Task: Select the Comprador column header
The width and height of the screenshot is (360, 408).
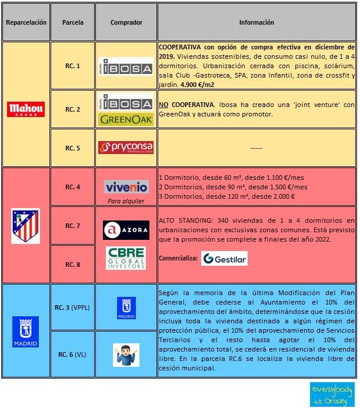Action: click(x=126, y=23)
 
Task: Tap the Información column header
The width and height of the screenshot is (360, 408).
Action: click(x=256, y=23)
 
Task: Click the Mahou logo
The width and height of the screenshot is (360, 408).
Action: click(x=25, y=109)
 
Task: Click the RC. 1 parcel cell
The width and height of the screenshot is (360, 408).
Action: click(x=73, y=66)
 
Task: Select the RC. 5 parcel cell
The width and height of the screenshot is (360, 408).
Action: click(x=73, y=147)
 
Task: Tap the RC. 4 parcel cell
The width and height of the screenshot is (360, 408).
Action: click(x=73, y=187)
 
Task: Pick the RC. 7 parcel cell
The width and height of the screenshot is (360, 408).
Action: click(x=73, y=226)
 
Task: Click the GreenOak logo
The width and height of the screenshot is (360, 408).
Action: click(x=126, y=119)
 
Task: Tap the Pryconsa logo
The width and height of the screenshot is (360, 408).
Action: click(x=126, y=147)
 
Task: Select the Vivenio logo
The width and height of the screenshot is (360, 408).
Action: click(x=126, y=187)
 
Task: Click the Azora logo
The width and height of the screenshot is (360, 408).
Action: click(x=126, y=230)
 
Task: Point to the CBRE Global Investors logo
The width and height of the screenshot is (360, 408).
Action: click(x=126, y=258)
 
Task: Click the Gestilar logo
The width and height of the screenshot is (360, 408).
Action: click(x=224, y=259)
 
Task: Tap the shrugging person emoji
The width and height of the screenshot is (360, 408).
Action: click(x=126, y=355)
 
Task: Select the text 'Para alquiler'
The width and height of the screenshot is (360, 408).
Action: click(x=126, y=201)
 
